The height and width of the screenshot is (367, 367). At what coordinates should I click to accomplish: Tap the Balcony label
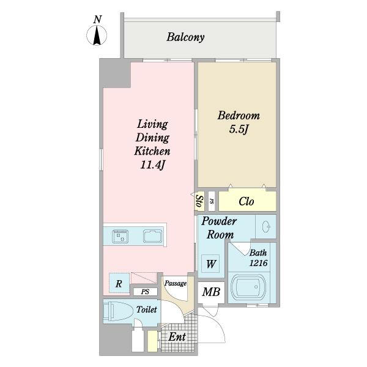tap(185, 37)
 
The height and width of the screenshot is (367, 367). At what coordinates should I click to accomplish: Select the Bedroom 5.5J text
tap(239, 122)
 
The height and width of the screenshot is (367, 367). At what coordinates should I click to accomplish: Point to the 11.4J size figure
tap(152, 165)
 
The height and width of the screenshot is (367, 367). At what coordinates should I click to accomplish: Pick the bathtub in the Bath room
tap(248, 287)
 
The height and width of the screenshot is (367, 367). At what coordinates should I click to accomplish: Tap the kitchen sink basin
tap(152, 236)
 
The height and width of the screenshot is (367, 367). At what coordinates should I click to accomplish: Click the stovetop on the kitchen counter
tap(120, 236)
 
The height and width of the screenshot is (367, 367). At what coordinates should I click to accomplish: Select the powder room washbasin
tap(266, 226)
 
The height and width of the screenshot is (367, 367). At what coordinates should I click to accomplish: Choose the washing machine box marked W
tap(210, 264)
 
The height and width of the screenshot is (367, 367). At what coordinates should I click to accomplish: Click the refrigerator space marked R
tap(119, 283)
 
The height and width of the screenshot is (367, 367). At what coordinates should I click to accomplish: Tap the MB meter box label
tap(211, 292)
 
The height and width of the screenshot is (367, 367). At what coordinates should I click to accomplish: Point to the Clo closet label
tap(247, 201)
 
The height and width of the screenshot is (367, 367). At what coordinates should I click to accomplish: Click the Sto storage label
tap(199, 201)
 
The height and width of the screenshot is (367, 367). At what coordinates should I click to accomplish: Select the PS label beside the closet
tap(212, 201)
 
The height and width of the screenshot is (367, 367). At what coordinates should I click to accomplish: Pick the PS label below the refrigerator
tap(145, 292)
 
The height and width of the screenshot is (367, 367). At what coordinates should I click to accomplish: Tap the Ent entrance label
tap(177, 337)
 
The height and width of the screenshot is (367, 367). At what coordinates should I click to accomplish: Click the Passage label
tap(176, 283)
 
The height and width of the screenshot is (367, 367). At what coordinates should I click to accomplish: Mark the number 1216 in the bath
tap(258, 263)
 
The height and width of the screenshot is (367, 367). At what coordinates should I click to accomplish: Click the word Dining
tap(152, 138)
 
